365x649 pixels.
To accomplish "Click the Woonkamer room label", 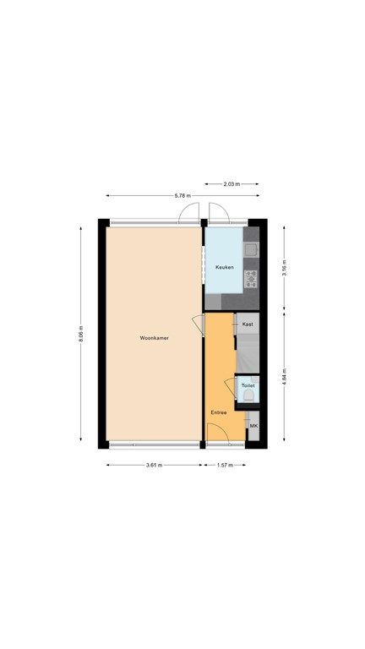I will point(155,338).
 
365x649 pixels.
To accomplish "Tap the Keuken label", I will point(224,267).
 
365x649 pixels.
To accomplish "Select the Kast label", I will point(248,324).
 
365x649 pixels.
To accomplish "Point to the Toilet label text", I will point(248,385).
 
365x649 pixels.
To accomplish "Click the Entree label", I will point(219,412).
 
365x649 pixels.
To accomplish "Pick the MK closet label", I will point(253,426).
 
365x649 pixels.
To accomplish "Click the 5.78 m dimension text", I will point(182,195).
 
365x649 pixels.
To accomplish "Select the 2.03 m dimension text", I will point(232,183).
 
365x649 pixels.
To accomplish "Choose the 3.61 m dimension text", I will point(155,465).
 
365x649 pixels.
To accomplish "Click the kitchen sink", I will point(251,249).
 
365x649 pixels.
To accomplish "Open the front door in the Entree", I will point(218,435).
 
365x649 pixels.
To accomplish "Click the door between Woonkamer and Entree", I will point(199,324).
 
